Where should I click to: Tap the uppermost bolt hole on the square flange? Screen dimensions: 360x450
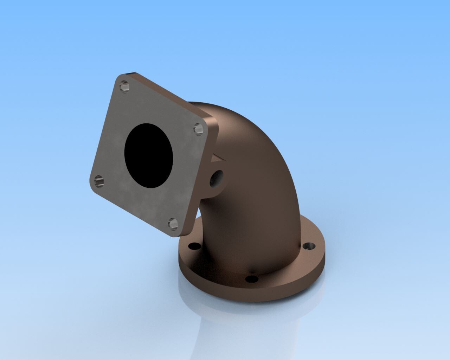click(123, 86)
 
